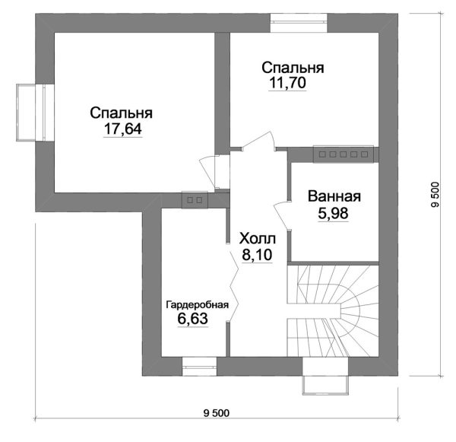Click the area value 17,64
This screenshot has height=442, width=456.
tap(122, 129)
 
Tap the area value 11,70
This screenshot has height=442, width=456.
tap(287, 84)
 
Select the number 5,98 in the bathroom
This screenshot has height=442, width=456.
tap(334, 213)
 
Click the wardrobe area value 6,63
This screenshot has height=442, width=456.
tap(193, 320)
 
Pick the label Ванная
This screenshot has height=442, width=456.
tap(334, 196)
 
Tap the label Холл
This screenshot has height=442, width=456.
tap(258, 237)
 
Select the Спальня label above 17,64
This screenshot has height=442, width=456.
tap(122, 113)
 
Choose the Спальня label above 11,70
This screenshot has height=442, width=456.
tap(293, 68)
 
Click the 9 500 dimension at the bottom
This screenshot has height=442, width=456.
tap(217, 413)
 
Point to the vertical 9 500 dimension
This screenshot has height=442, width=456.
tap(435, 195)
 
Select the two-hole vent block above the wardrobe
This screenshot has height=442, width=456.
tap(194, 200)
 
